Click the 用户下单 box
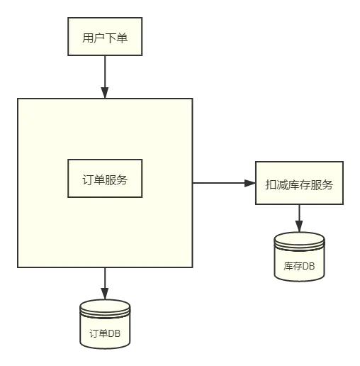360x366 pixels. point(105,37)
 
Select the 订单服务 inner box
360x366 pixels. point(105,179)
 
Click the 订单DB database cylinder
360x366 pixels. point(105,326)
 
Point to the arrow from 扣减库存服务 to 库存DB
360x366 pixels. point(299,216)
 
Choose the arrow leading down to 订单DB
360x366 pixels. point(105,281)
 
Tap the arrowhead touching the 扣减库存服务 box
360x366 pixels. point(250,183)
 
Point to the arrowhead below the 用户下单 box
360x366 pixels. point(105,93)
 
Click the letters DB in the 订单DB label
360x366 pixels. point(115,334)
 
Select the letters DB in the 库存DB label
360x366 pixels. point(309,267)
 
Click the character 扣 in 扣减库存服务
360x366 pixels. point(271,185)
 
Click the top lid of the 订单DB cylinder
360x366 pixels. point(105,306)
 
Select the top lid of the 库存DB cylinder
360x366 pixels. point(299,239)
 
